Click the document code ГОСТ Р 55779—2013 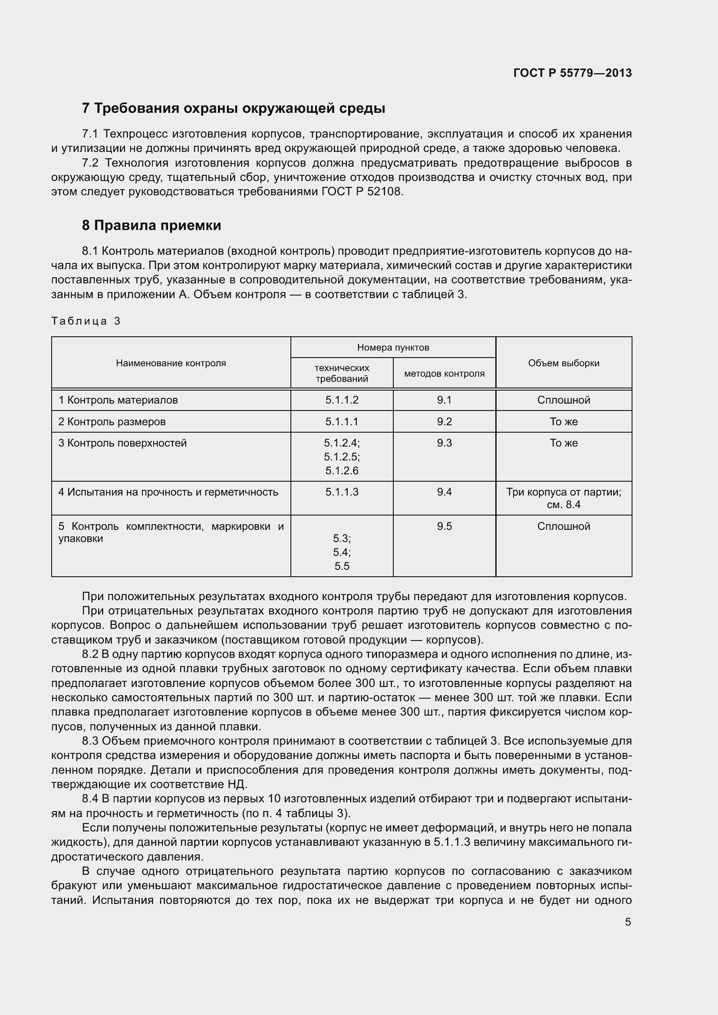coord(573,73)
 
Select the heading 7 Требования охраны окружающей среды coord(234,108)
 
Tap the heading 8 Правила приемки coord(151,226)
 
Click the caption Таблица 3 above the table coord(86,321)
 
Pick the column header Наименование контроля coord(171,363)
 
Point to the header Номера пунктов coord(392,348)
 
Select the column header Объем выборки coord(563,363)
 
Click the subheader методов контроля coord(444,374)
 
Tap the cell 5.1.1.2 coord(342,400)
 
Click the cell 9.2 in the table coord(444,422)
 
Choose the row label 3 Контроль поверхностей coord(122,443)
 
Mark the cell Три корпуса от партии coord(563,492)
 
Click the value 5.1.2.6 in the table coord(342,471)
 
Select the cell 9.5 coord(444,526)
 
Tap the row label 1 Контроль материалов coord(118,400)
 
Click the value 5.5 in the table coord(342,566)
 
